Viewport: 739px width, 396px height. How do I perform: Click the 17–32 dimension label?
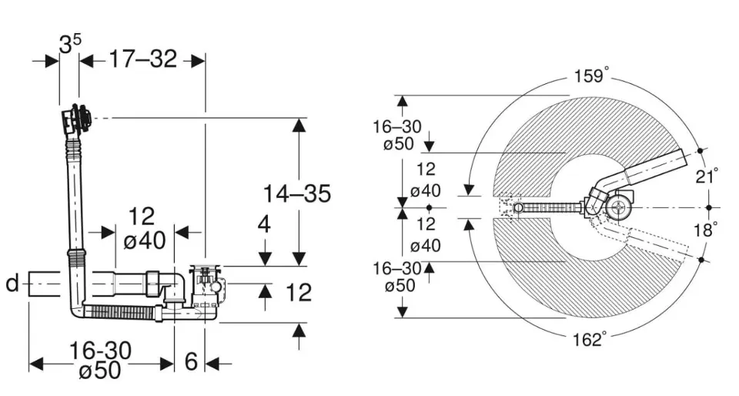click(143, 59)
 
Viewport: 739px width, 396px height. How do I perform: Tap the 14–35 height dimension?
click(297, 193)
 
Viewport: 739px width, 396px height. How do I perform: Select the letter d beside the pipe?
click(13, 284)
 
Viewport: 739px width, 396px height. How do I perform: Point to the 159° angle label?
click(591, 76)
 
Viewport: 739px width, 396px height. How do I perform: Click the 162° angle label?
click(590, 340)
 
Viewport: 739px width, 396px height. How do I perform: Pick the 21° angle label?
click(707, 176)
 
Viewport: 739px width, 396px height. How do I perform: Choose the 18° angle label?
click(706, 230)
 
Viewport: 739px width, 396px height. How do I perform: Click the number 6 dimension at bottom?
click(191, 361)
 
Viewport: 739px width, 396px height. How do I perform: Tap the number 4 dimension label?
click(264, 224)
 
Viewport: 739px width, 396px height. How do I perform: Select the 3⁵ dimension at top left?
click(70, 45)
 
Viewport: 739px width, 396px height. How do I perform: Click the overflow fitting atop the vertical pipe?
click(75, 118)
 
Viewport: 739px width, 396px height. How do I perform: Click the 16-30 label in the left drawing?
click(100, 351)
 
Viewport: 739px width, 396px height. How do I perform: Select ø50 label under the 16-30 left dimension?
click(100, 370)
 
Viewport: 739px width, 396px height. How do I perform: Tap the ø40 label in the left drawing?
click(145, 241)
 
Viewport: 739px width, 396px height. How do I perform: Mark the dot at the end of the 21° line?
click(701, 151)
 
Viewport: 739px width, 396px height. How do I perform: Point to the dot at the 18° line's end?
click(701, 260)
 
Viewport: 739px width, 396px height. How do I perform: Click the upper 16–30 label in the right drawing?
click(397, 126)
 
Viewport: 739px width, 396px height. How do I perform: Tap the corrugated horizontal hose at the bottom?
click(121, 311)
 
